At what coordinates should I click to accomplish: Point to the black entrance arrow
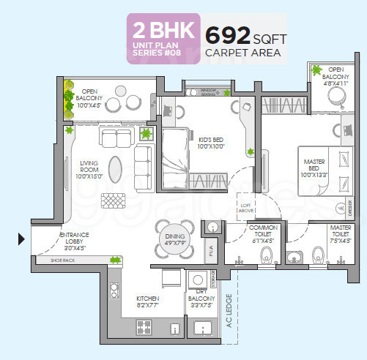pos(21,237)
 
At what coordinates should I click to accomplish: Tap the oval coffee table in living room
pos(116,169)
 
